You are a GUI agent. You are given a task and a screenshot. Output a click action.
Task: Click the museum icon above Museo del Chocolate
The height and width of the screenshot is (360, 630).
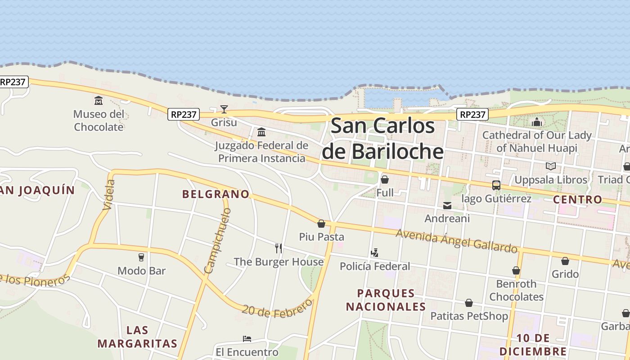pos(98,100)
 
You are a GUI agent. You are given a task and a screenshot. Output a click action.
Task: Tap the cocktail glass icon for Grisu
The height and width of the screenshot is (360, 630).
pos(224,109)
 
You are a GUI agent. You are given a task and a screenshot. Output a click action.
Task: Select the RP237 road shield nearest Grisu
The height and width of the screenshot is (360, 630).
pos(183,114)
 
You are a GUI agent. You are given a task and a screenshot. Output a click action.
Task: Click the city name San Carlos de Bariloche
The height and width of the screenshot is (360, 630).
pos(383,138)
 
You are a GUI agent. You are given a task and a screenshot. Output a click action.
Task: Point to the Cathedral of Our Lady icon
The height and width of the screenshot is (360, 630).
pos(536,122)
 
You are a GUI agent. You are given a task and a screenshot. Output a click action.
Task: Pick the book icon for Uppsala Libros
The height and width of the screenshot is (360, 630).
pos(550,166)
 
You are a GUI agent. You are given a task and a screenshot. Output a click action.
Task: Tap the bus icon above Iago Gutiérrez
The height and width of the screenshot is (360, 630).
pos(496,185)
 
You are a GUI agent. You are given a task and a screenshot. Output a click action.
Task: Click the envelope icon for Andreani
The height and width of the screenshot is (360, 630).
pos(447,206)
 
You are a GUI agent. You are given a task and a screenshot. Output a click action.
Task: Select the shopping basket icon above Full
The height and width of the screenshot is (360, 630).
pos(385,180)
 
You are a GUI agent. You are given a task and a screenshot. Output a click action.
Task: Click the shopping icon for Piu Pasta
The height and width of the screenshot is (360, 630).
pos(321,224)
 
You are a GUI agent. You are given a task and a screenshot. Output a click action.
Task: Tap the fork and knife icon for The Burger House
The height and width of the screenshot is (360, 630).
pos(279,248)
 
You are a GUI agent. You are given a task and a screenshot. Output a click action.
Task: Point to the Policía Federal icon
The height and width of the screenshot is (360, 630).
pos(374,253)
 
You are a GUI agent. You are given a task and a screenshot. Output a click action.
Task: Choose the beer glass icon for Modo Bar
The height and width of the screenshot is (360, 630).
pos(141,257)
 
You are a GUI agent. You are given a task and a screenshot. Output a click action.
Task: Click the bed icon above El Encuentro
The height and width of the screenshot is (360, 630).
pos(247,338)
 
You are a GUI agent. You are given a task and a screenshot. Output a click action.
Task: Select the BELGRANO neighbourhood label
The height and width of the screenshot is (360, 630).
pos(216,194)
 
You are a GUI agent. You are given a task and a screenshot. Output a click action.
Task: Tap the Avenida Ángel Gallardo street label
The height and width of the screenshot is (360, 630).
pos(456,241)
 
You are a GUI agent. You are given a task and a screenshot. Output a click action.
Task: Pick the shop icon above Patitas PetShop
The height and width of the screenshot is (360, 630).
pos(469,303)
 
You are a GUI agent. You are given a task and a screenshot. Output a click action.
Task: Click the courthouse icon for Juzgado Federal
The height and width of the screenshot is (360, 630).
pos(261,132)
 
